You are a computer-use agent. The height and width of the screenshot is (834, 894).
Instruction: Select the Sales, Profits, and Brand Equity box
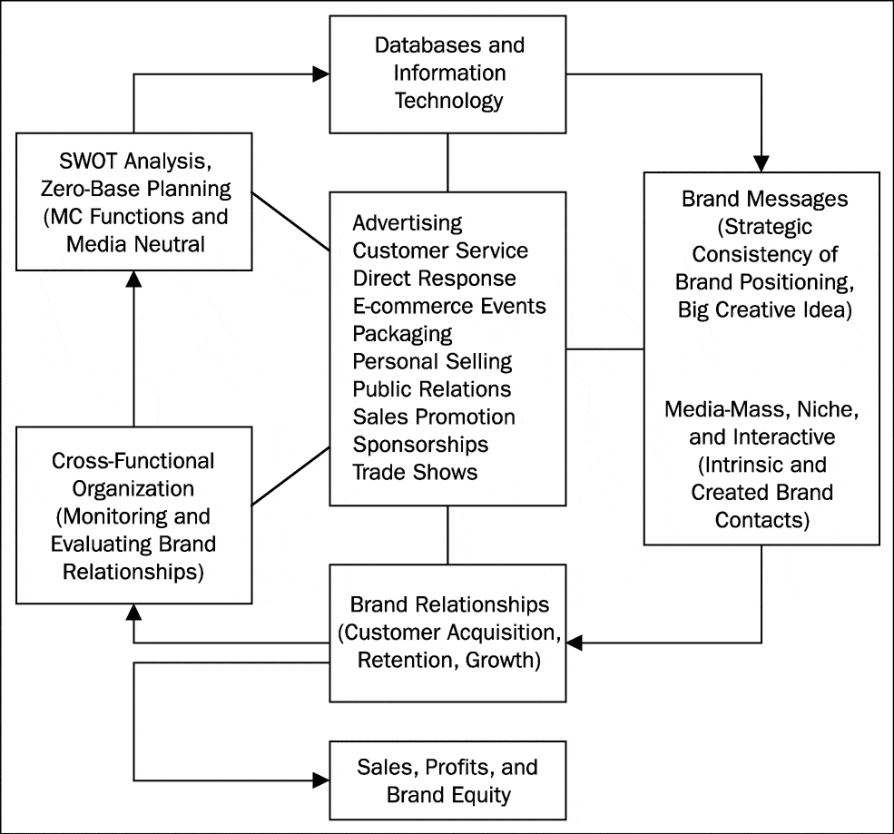[x=449, y=780]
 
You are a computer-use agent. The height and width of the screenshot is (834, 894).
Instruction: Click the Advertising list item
[x=408, y=222]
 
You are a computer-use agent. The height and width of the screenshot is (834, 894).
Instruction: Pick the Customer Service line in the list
[x=440, y=250]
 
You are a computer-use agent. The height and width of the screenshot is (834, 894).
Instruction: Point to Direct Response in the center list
[x=434, y=278]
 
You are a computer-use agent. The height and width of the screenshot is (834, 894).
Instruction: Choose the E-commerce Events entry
[x=449, y=306]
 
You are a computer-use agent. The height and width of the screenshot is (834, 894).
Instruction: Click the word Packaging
[x=402, y=333]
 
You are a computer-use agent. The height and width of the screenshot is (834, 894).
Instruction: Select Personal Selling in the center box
[x=432, y=361]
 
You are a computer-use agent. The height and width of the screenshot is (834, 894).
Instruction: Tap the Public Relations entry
[x=432, y=389]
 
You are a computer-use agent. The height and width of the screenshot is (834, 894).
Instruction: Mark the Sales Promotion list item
[x=434, y=417]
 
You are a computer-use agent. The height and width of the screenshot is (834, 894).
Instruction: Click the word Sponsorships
[x=420, y=445]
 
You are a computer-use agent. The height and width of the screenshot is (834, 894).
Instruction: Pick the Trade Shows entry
[x=415, y=473]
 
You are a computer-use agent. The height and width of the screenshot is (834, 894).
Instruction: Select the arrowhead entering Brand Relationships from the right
[x=575, y=643]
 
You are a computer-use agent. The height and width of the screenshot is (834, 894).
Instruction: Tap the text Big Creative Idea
[x=762, y=309]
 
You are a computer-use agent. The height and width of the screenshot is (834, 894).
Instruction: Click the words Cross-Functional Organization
[x=133, y=475]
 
